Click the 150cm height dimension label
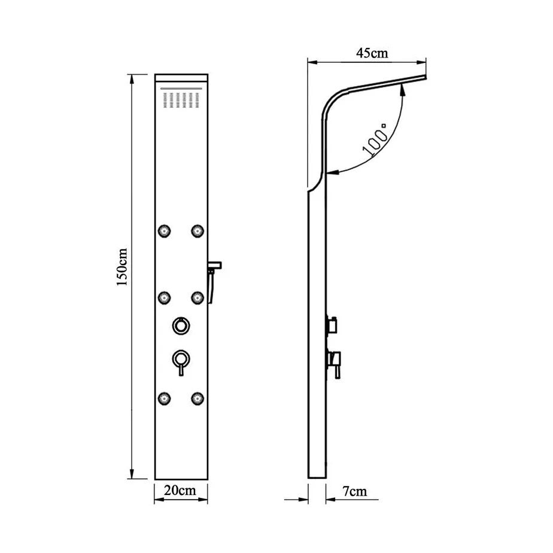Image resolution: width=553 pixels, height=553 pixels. point(122,267)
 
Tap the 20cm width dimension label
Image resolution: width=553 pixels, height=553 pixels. point(180,490)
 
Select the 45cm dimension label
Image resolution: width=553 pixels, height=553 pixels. point(372,53)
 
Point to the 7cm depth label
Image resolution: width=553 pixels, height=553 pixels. point(354,491)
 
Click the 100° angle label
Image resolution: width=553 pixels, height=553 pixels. point(375,139)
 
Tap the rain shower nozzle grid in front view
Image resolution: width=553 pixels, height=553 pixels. point(181,100)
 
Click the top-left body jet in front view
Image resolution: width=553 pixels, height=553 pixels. point(165,231)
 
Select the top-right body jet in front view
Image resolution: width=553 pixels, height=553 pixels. point(197,231)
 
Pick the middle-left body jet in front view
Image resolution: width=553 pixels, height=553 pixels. point(165,297)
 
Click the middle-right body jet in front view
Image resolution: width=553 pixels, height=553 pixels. point(197,297)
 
